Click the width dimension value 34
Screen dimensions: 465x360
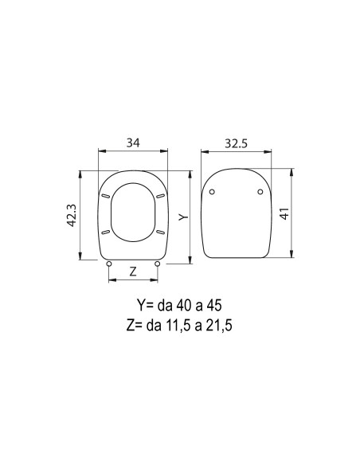pos(133,143)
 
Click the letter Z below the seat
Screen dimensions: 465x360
pos(133,272)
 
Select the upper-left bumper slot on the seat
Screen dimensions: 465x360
pos(106,195)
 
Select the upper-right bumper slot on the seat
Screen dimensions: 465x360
pos(160,195)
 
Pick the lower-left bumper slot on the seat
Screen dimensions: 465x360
pos(106,232)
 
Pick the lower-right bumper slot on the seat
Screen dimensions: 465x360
pos(160,232)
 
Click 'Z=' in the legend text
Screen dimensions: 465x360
pos(135,325)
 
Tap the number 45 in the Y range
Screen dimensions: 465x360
pos(214,306)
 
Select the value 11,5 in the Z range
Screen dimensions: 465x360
pos(181,325)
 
